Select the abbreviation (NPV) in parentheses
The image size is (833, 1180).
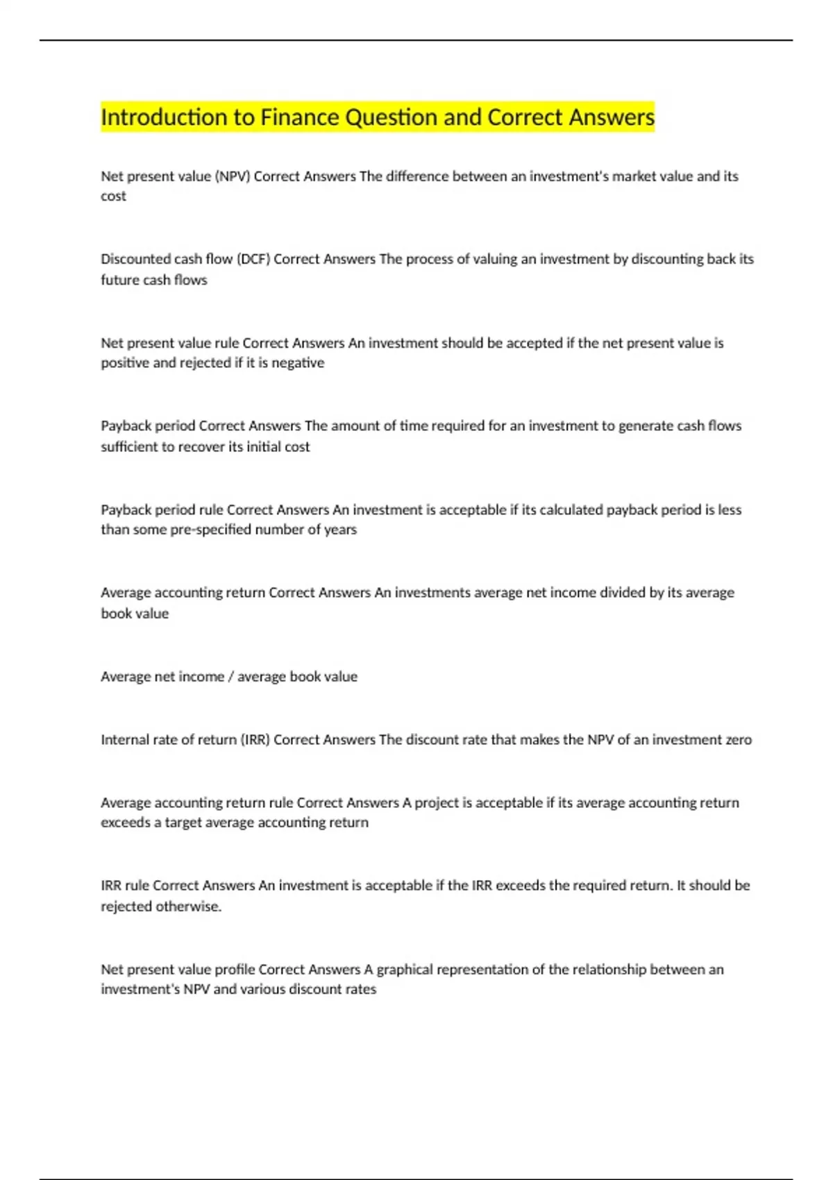(x=233, y=176)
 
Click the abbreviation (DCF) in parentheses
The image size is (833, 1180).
(x=253, y=259)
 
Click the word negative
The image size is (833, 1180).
(x=298, y=363)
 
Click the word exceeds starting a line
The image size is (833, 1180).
(x=126, y=823)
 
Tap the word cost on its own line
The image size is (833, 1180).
(x=113, y=196)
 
